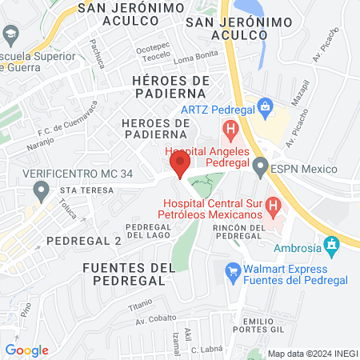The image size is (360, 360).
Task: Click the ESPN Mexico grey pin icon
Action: (x=259, y=168)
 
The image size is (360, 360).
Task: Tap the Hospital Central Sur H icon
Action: (x=274, y=208)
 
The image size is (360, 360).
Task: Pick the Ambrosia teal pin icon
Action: (x=330, y=242)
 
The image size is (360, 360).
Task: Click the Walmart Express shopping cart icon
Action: (x=234, y=272)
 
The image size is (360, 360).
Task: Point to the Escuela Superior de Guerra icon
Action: (x=10, y=34)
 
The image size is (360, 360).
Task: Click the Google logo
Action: (x=26, y=350)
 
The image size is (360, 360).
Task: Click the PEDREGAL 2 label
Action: (x=83, y=240)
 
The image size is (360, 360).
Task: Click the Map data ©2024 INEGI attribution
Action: (x=312, y=353)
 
